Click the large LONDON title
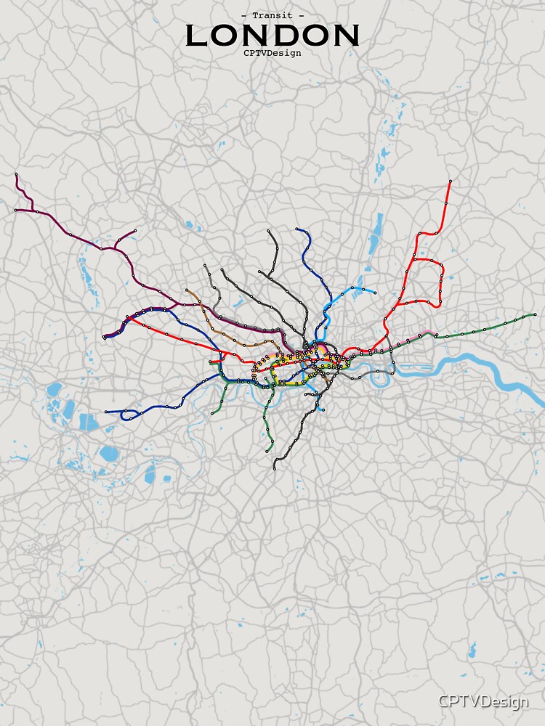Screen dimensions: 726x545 click(272, 36)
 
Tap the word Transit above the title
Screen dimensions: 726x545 click(272, 15)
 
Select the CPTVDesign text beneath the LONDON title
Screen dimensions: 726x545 click(272, 52)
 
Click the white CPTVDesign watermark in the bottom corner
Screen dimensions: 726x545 click(483, 701)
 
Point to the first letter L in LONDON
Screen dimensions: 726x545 click(199, 36)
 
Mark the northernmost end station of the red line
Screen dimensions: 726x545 click(451, 181)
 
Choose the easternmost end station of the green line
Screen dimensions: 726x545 click(536, 314)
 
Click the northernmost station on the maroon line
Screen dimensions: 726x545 click(16, 174)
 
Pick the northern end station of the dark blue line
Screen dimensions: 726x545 click(296, 229)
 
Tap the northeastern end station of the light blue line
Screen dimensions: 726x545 click(374, 293)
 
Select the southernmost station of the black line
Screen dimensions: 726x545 click(275, 468)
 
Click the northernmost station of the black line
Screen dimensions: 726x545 click(269, 232)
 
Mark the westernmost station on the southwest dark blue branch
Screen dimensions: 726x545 click(106, 412)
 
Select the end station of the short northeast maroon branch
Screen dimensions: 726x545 click(135, 232)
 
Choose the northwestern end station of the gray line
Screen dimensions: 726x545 click(206, 266)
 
